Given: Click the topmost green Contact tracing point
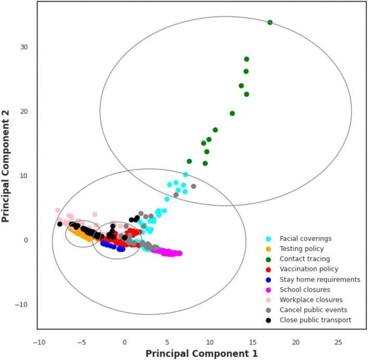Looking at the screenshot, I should [270, 22].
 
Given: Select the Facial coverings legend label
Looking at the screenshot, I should [306, 239].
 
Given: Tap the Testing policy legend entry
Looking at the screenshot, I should [301, 249].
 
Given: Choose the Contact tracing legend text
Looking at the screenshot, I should [305, 259].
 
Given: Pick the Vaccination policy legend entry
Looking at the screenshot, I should [309, 269].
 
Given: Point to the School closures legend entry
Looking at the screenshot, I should [305, 289].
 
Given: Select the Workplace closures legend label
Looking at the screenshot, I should [311, 300].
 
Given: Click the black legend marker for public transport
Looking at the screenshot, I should [268, 320].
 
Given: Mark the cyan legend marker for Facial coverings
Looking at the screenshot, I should [268, 239].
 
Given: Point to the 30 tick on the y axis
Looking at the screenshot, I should [24, 47].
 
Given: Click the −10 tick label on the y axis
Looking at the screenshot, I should [22, 304].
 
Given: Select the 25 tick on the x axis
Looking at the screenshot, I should [338, 342].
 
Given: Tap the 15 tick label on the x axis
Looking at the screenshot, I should [253, 342].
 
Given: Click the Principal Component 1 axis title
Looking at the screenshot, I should [201, 353].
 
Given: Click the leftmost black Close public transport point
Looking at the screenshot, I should [60, 224].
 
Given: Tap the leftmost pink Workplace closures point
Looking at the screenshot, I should [58, 211].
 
